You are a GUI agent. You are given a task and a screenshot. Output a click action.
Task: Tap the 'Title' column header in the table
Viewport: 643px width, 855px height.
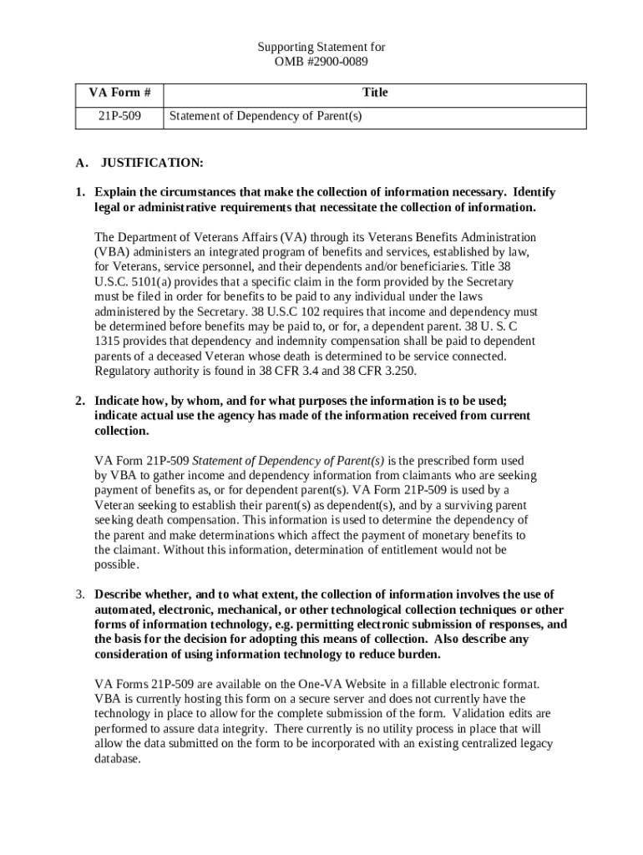tap(374, 93)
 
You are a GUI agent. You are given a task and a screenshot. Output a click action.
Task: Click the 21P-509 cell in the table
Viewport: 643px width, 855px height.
tap(119, 117)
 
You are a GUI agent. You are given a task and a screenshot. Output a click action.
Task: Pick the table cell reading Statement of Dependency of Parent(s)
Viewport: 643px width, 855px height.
tap(266, 117)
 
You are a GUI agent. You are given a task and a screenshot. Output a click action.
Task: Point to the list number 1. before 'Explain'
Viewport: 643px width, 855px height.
tap(80, 192)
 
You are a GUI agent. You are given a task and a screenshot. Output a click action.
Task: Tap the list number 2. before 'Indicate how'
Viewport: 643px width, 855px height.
tap(80, 401)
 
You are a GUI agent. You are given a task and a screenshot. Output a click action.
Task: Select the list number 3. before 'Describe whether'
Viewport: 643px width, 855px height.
tap(80, 594)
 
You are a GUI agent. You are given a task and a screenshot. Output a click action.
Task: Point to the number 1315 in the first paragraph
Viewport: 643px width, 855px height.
tap(107, 341)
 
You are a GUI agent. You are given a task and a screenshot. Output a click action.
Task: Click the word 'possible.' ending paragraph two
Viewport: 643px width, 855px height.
tap(116, 564)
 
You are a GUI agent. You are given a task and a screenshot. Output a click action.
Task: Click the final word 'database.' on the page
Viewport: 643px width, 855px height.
tap(118, 759)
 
